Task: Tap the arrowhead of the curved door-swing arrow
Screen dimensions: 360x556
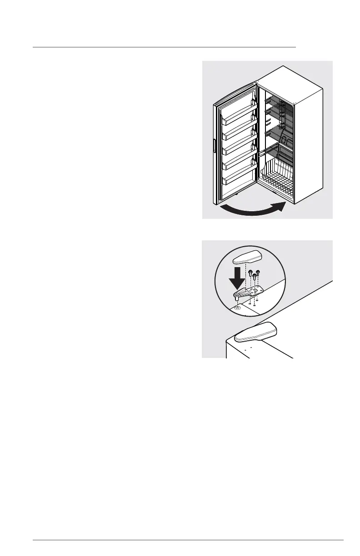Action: click(x=281, y=207)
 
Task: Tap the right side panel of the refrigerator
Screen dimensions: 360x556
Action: click(x=309, y=145)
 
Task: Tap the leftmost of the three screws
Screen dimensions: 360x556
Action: click(x=250, y=273)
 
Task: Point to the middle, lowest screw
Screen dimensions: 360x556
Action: click(x=254, y=277)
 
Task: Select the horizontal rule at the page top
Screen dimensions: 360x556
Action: click(x=164, y=47)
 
